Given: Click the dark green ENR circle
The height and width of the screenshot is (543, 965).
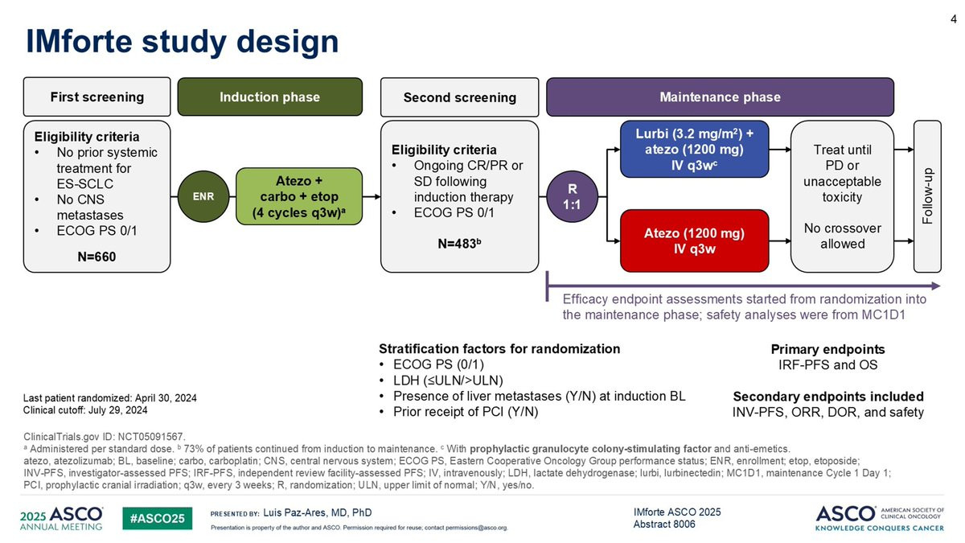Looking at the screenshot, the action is [x=203, y=196].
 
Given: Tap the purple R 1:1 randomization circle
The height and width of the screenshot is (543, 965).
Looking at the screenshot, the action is [x=572, y=196].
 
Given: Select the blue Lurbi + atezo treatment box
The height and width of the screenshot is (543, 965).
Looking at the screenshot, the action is [x=695, y=149].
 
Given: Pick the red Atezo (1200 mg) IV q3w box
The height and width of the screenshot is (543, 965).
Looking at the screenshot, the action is [x=695, y=241].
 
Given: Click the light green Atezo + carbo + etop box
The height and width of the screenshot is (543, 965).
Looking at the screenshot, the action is [x=299, y=196].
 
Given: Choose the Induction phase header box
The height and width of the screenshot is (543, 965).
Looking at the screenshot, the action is [x=270, y=97].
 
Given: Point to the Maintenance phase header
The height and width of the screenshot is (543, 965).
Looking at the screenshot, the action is [x=721, y=97].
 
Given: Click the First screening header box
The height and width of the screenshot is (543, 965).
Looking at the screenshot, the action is [x=97, y=97].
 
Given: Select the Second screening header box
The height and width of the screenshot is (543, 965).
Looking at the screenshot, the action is [x=460, y=97].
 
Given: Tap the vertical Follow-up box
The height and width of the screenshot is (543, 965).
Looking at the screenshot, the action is [x=927, y=196].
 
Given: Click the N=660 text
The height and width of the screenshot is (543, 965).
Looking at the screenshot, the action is [x=96, y=257].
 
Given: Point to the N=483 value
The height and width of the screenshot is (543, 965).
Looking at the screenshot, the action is [x=459, y=244].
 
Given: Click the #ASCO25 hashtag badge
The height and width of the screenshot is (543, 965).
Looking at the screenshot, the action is [x=158, y=518].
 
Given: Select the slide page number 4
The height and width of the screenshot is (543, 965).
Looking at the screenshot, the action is [x=954, y=19].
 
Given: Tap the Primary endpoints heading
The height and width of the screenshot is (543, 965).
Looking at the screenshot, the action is [x=827, y=349].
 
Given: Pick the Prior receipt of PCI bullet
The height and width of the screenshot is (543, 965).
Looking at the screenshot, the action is [x=466, y=412].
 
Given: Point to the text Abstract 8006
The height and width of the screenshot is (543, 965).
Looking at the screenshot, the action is [x=664, y=524].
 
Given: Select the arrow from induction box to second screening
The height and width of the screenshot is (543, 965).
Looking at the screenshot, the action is [x=372, y=196].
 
